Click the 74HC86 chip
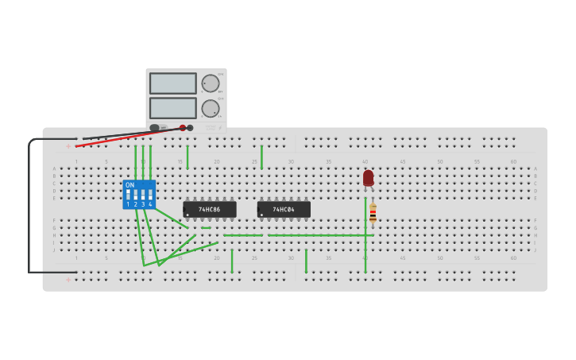tap(210, 210)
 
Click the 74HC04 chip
tap(284, 210)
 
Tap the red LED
tap(368, 178)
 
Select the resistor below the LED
tap(373, 213)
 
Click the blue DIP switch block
tap(139, 195)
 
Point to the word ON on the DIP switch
tap(130, 185)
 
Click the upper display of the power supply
tap(173, 83)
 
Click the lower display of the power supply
tap(173, 108)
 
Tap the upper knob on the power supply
tap(210, 83)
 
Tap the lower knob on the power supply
tap(210, 108)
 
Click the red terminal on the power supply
tap(183, 127)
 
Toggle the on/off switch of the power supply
tap(154, 127)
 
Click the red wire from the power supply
tap(127, 137)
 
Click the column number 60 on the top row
tap(513, 162)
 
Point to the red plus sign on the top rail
tap(70, 146)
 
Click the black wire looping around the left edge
tap(29, 207)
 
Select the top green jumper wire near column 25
tap(261, 157)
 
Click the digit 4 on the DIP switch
tap(150, 204)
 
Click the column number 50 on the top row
tap(439, 162)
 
